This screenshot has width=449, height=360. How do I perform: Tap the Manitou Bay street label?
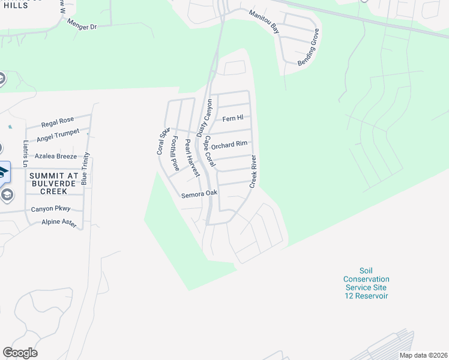pyautogui.click(x=265, y=20)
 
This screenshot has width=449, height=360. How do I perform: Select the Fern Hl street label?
pyautogui.click(x=233, y=119)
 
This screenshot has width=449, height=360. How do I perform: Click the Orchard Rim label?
pyautogui.click(x=229, y=145)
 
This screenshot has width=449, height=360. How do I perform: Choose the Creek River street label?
pyautogui.click(x=253, y=172)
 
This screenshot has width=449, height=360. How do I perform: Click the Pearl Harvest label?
pyautogui.click(x=191, y=157)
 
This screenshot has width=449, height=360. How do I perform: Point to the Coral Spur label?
pyautogui.click(x=163, y=141)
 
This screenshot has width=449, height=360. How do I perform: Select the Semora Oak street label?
pyautogui.click(x=199, y=194)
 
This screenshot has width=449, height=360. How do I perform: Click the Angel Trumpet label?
pyautogui.click(x=58, y=137)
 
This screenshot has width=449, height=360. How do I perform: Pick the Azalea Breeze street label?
pyautogui.click(x=56, y=156)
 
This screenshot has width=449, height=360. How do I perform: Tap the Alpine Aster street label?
pyautogui.click(x=59, y=223)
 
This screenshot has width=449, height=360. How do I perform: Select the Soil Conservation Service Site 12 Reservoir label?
pyautogui.click(x=366, y=283)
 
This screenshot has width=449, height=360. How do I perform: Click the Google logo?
pyautogui.click(x=20, y=353)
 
